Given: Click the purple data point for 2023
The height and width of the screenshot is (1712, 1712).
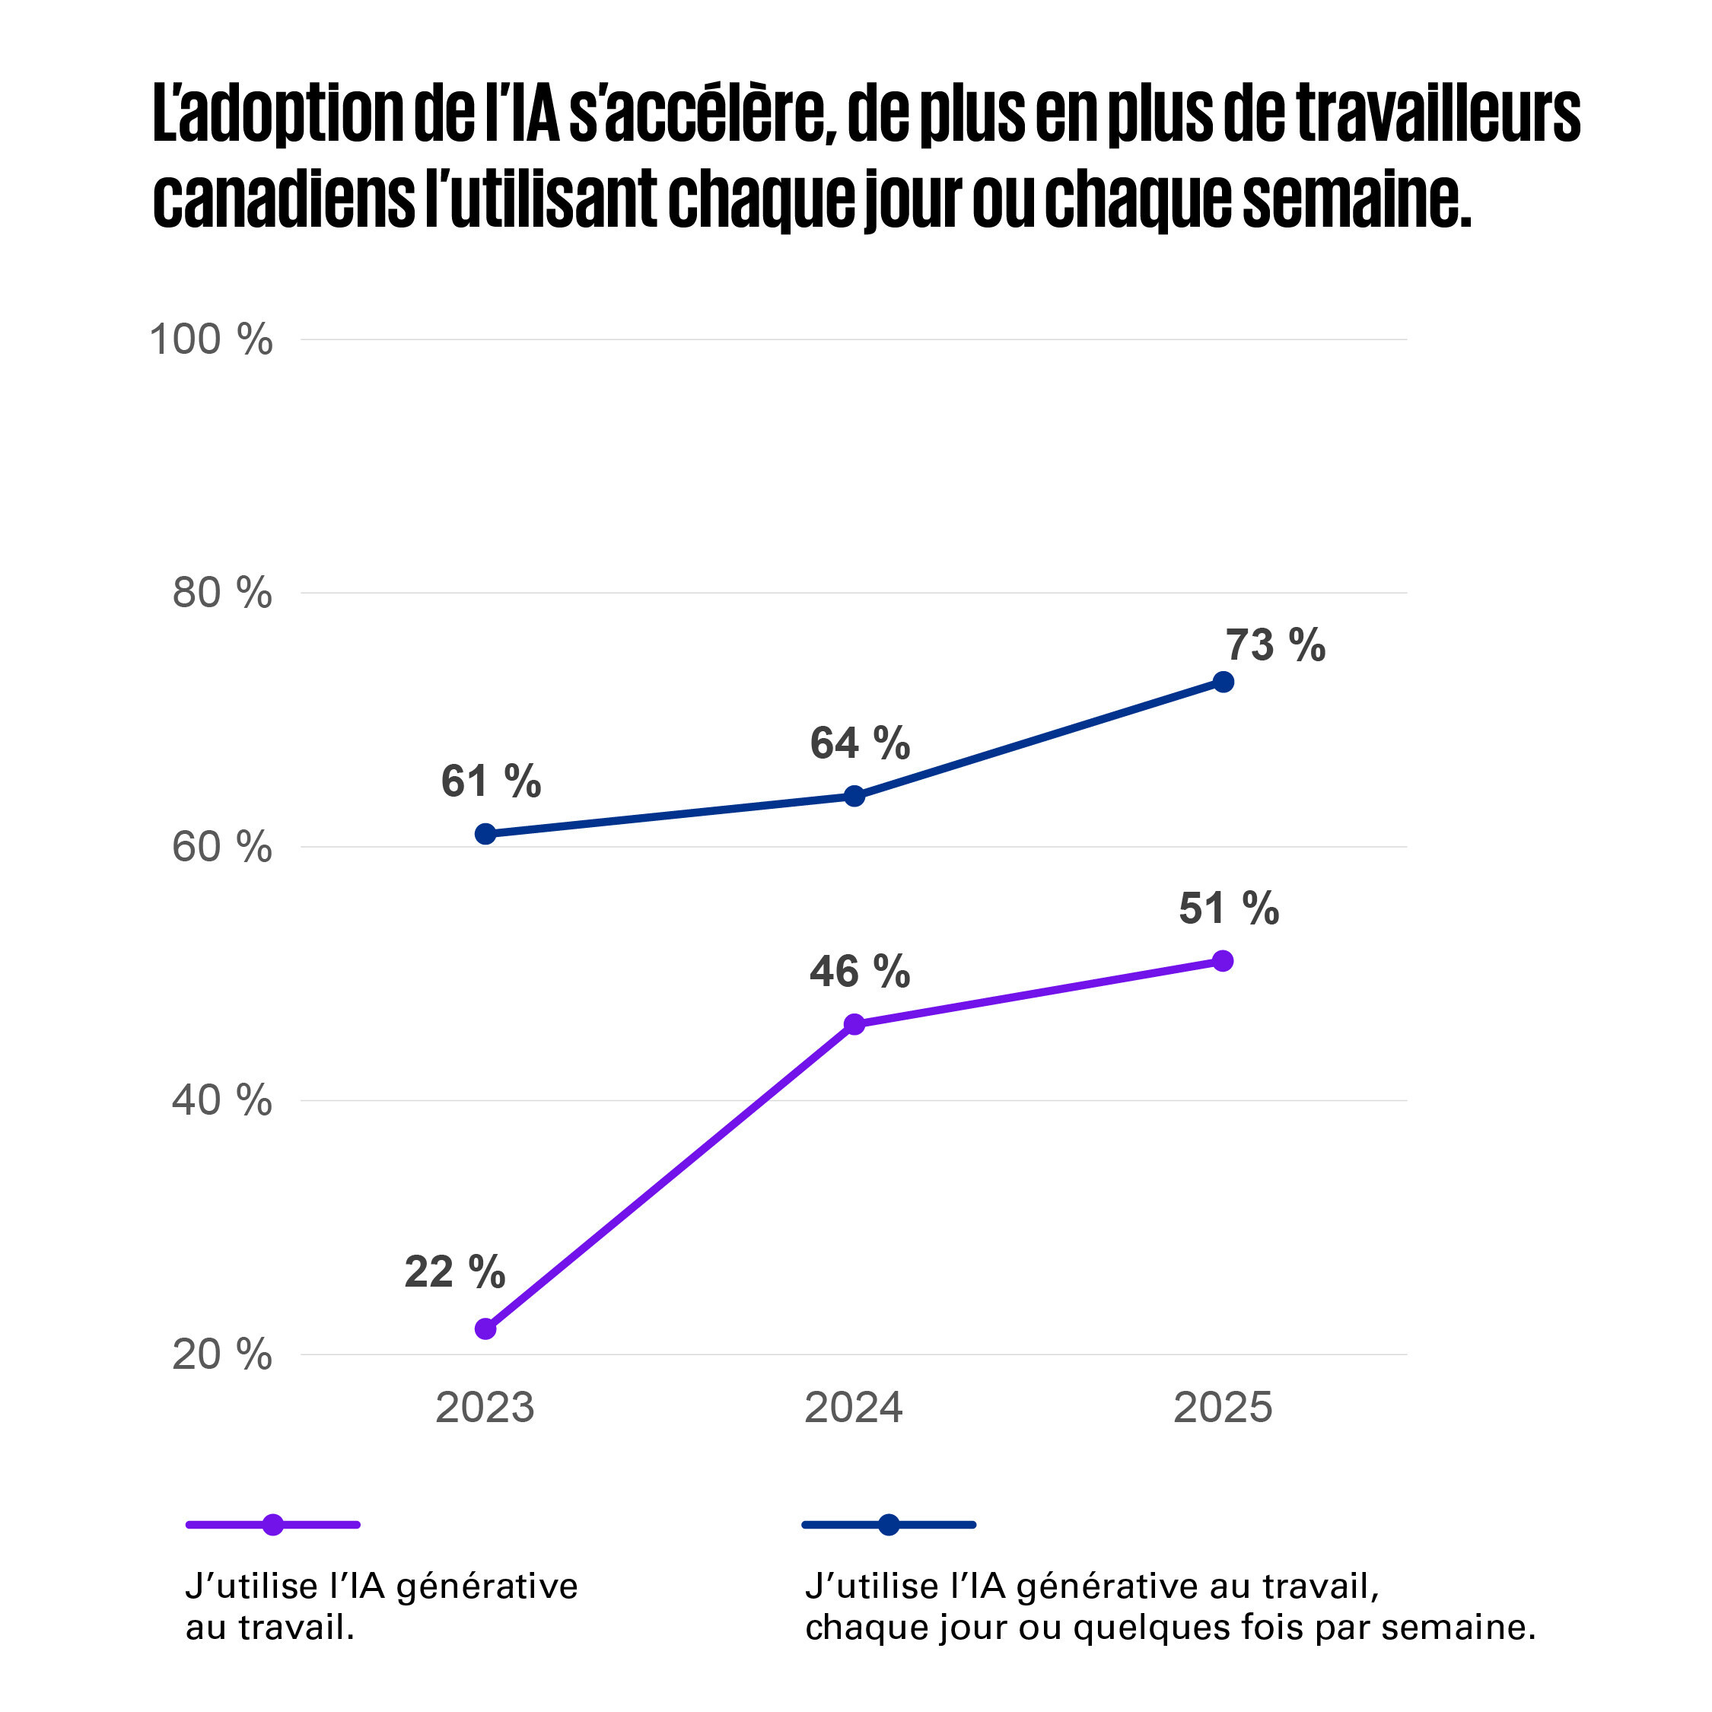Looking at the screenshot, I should click(485, 1329).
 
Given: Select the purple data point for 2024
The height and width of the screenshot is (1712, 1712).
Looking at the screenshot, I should click(854, 1024).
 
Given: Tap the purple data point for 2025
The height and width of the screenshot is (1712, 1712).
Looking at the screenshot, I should click(1223, 960).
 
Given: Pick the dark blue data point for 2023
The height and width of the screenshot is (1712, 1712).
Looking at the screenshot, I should click(485, 834).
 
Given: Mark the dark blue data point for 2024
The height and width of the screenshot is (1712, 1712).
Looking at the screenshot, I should click(854, 796).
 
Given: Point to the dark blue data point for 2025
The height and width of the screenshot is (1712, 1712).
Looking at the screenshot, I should click(1223, 682).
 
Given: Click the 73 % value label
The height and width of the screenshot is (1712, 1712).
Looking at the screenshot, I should click(1275, 645).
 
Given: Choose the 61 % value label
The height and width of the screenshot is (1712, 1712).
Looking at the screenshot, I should click(491, 781).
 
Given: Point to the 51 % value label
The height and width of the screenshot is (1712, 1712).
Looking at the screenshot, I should click(1228, 909).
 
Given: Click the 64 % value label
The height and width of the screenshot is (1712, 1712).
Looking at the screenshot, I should click(860, 743).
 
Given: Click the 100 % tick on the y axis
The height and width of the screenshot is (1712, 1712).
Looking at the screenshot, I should click(211, 339).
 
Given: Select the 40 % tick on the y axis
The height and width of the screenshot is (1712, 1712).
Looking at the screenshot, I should click(221, 1100).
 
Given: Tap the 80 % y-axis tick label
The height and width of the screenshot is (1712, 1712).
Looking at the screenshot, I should click(221, 593).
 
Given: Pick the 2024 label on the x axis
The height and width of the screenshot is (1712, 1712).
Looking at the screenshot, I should click(854, 1407).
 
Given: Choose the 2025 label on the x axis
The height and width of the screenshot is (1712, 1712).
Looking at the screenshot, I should click(1223, 1407).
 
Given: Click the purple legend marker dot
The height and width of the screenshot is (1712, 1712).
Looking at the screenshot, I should click(273, 1524).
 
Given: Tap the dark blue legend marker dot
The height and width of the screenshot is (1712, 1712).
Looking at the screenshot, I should click(889, 1524).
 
